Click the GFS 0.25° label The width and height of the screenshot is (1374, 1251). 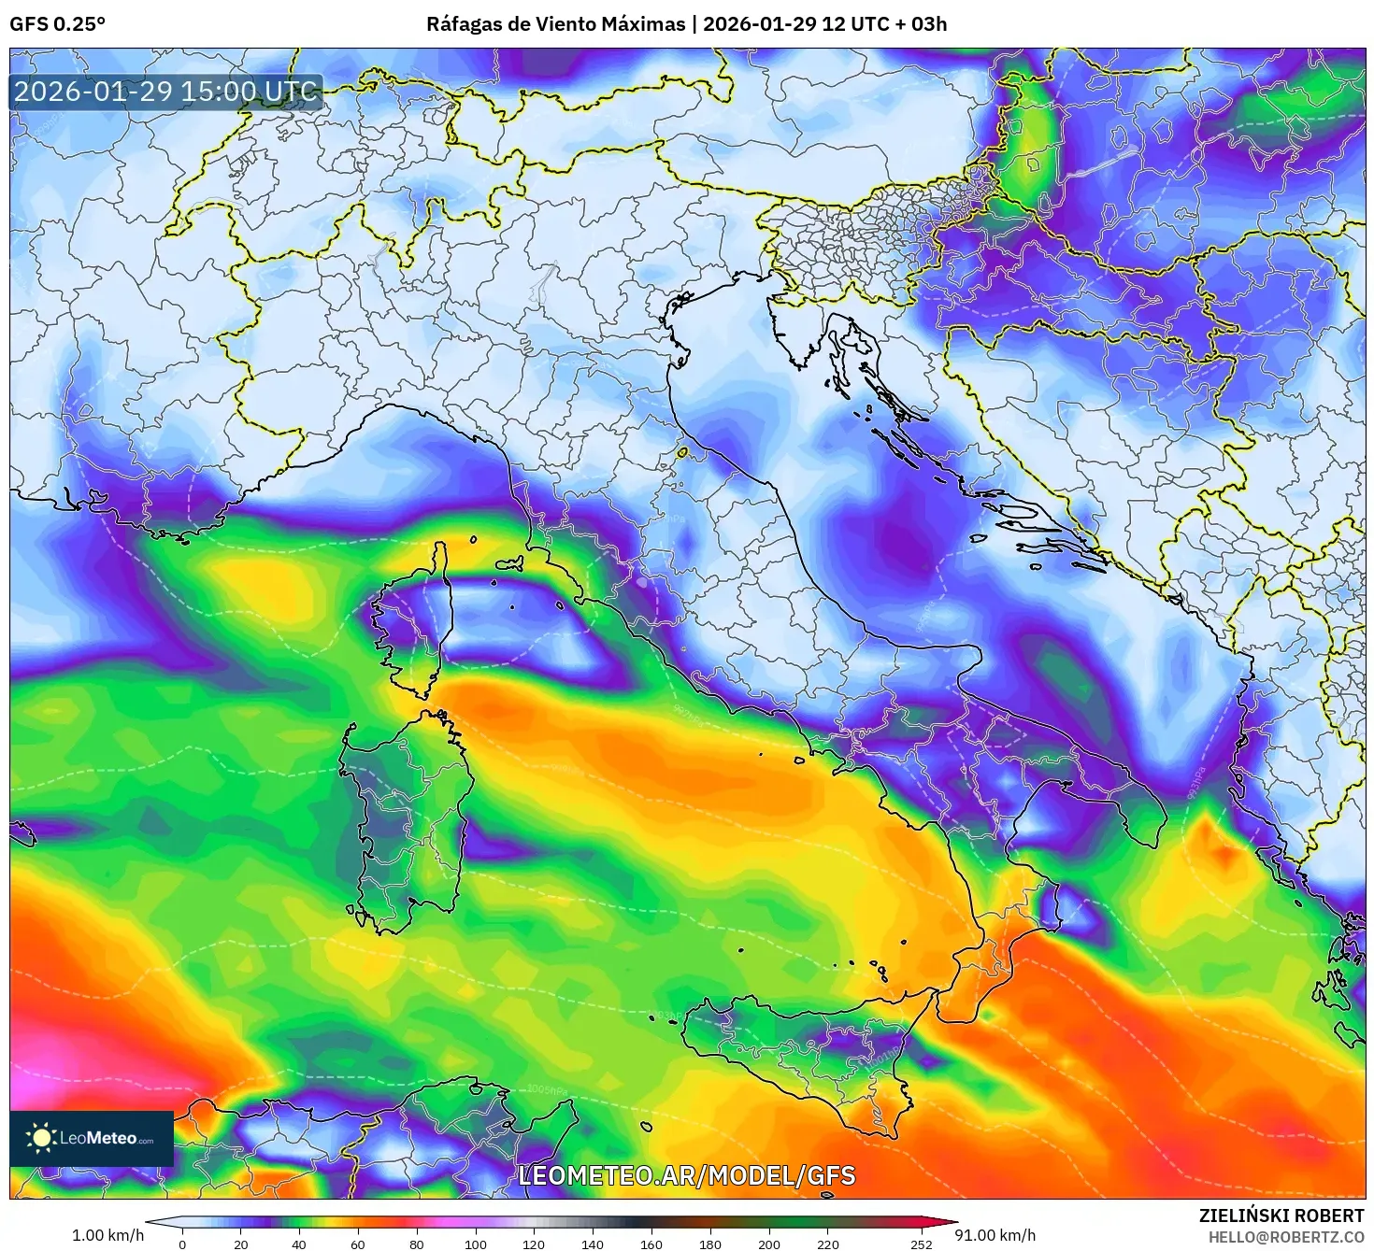(x=57, y=24)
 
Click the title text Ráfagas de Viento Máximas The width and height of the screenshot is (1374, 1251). (x=555, y=24)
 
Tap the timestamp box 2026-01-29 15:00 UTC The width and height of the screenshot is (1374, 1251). (x=166, y=92)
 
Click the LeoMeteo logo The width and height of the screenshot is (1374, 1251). (x=91, y=1138)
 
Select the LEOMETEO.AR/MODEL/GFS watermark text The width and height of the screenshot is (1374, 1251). (x=686, y=1175)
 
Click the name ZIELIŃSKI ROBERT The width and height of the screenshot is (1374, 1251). (x=1281, y=1215)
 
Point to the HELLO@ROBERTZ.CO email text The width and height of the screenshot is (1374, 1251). (x=1286, y=1236)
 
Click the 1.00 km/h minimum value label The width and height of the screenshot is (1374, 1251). (x=107, y=1235)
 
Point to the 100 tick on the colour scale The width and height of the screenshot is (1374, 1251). (x=476, y=1244)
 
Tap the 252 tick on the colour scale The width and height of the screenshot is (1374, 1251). (x=922, y=1244)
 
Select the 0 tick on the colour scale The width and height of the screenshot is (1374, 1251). (x=182, y=1244)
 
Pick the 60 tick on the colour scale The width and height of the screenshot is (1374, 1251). (x=358, y=1244)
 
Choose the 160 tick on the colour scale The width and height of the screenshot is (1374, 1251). (x=651, y=1244)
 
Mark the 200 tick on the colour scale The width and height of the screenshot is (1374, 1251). (x=769, y=1244)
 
